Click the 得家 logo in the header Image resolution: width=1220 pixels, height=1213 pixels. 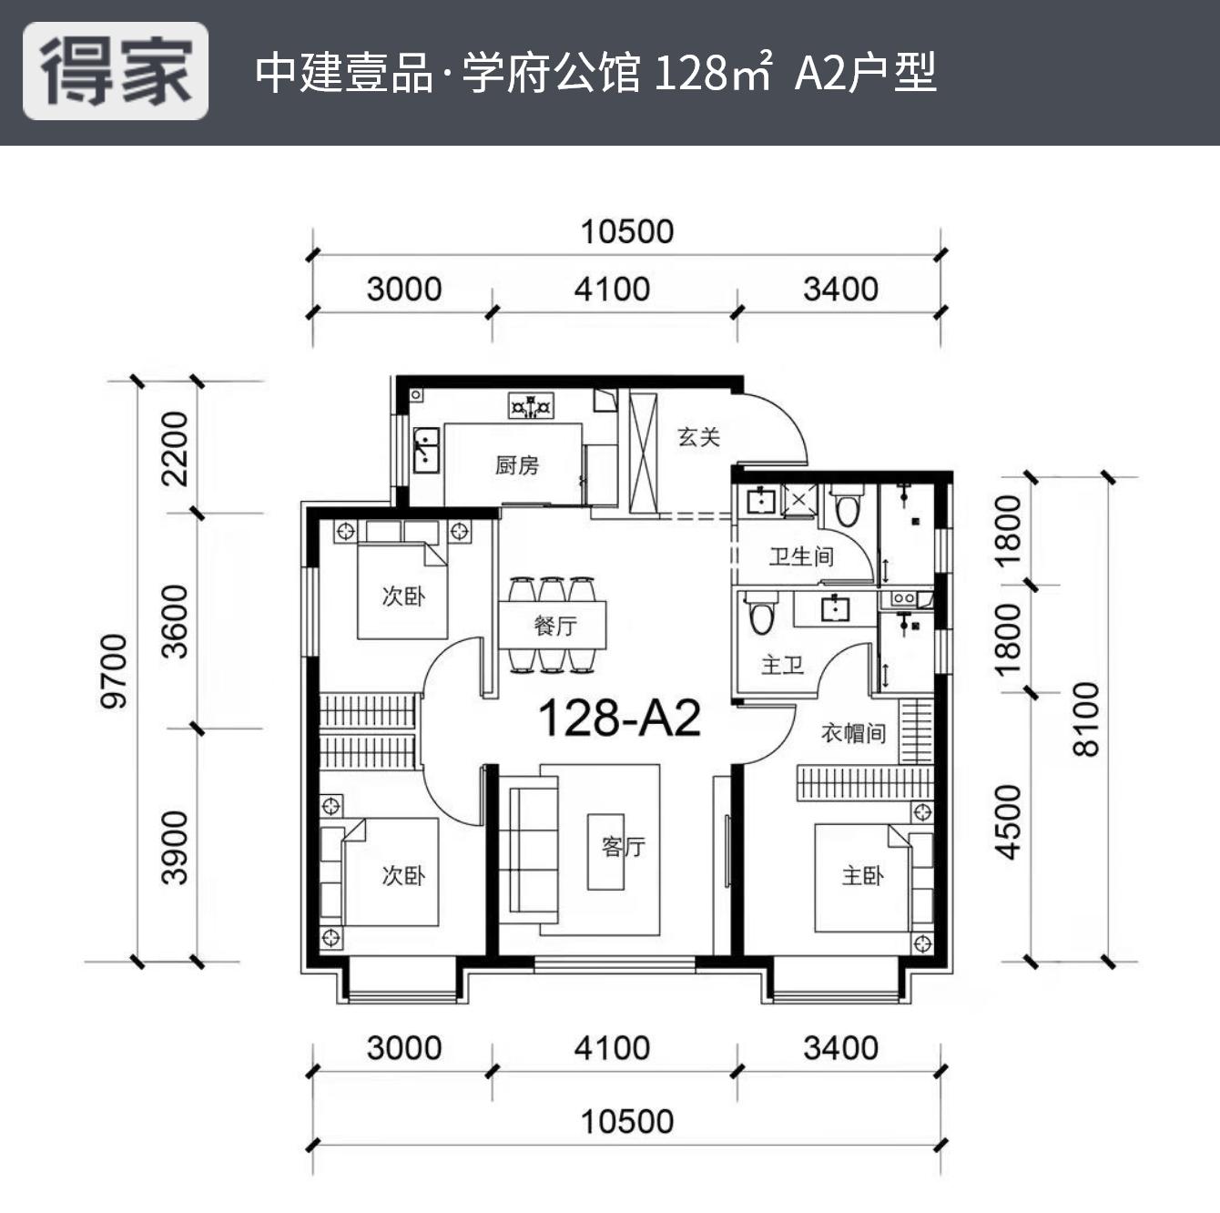click(116, 72)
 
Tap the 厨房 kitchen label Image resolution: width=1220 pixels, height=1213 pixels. click(517, 465)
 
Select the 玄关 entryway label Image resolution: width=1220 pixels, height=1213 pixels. click(698, 437)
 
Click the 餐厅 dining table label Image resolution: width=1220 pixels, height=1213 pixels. click(554, 626)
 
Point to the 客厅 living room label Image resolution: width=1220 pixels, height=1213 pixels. click(623, 847)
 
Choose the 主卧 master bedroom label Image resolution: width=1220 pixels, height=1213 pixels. click(861, 876)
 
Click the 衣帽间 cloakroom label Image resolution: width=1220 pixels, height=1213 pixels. click(853, 733)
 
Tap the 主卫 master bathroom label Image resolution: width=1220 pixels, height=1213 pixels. click(782, 665)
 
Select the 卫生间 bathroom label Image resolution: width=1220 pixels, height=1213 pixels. click(800, 556)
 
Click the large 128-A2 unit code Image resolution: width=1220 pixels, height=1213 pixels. click(619, 719)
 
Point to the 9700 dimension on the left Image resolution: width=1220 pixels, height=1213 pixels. click(115, 671)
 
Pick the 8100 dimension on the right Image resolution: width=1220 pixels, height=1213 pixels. click(1086, 719)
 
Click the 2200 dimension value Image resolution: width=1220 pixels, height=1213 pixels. click(174, 448)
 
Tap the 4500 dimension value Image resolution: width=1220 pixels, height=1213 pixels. click(1009, 821)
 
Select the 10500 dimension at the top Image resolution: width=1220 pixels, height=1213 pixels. click(627, 231)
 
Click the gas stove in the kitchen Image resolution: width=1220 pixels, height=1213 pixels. click(531, 405)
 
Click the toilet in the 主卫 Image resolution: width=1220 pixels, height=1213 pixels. click(761, 615)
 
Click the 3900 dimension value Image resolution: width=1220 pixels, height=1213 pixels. click(174, 847)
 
